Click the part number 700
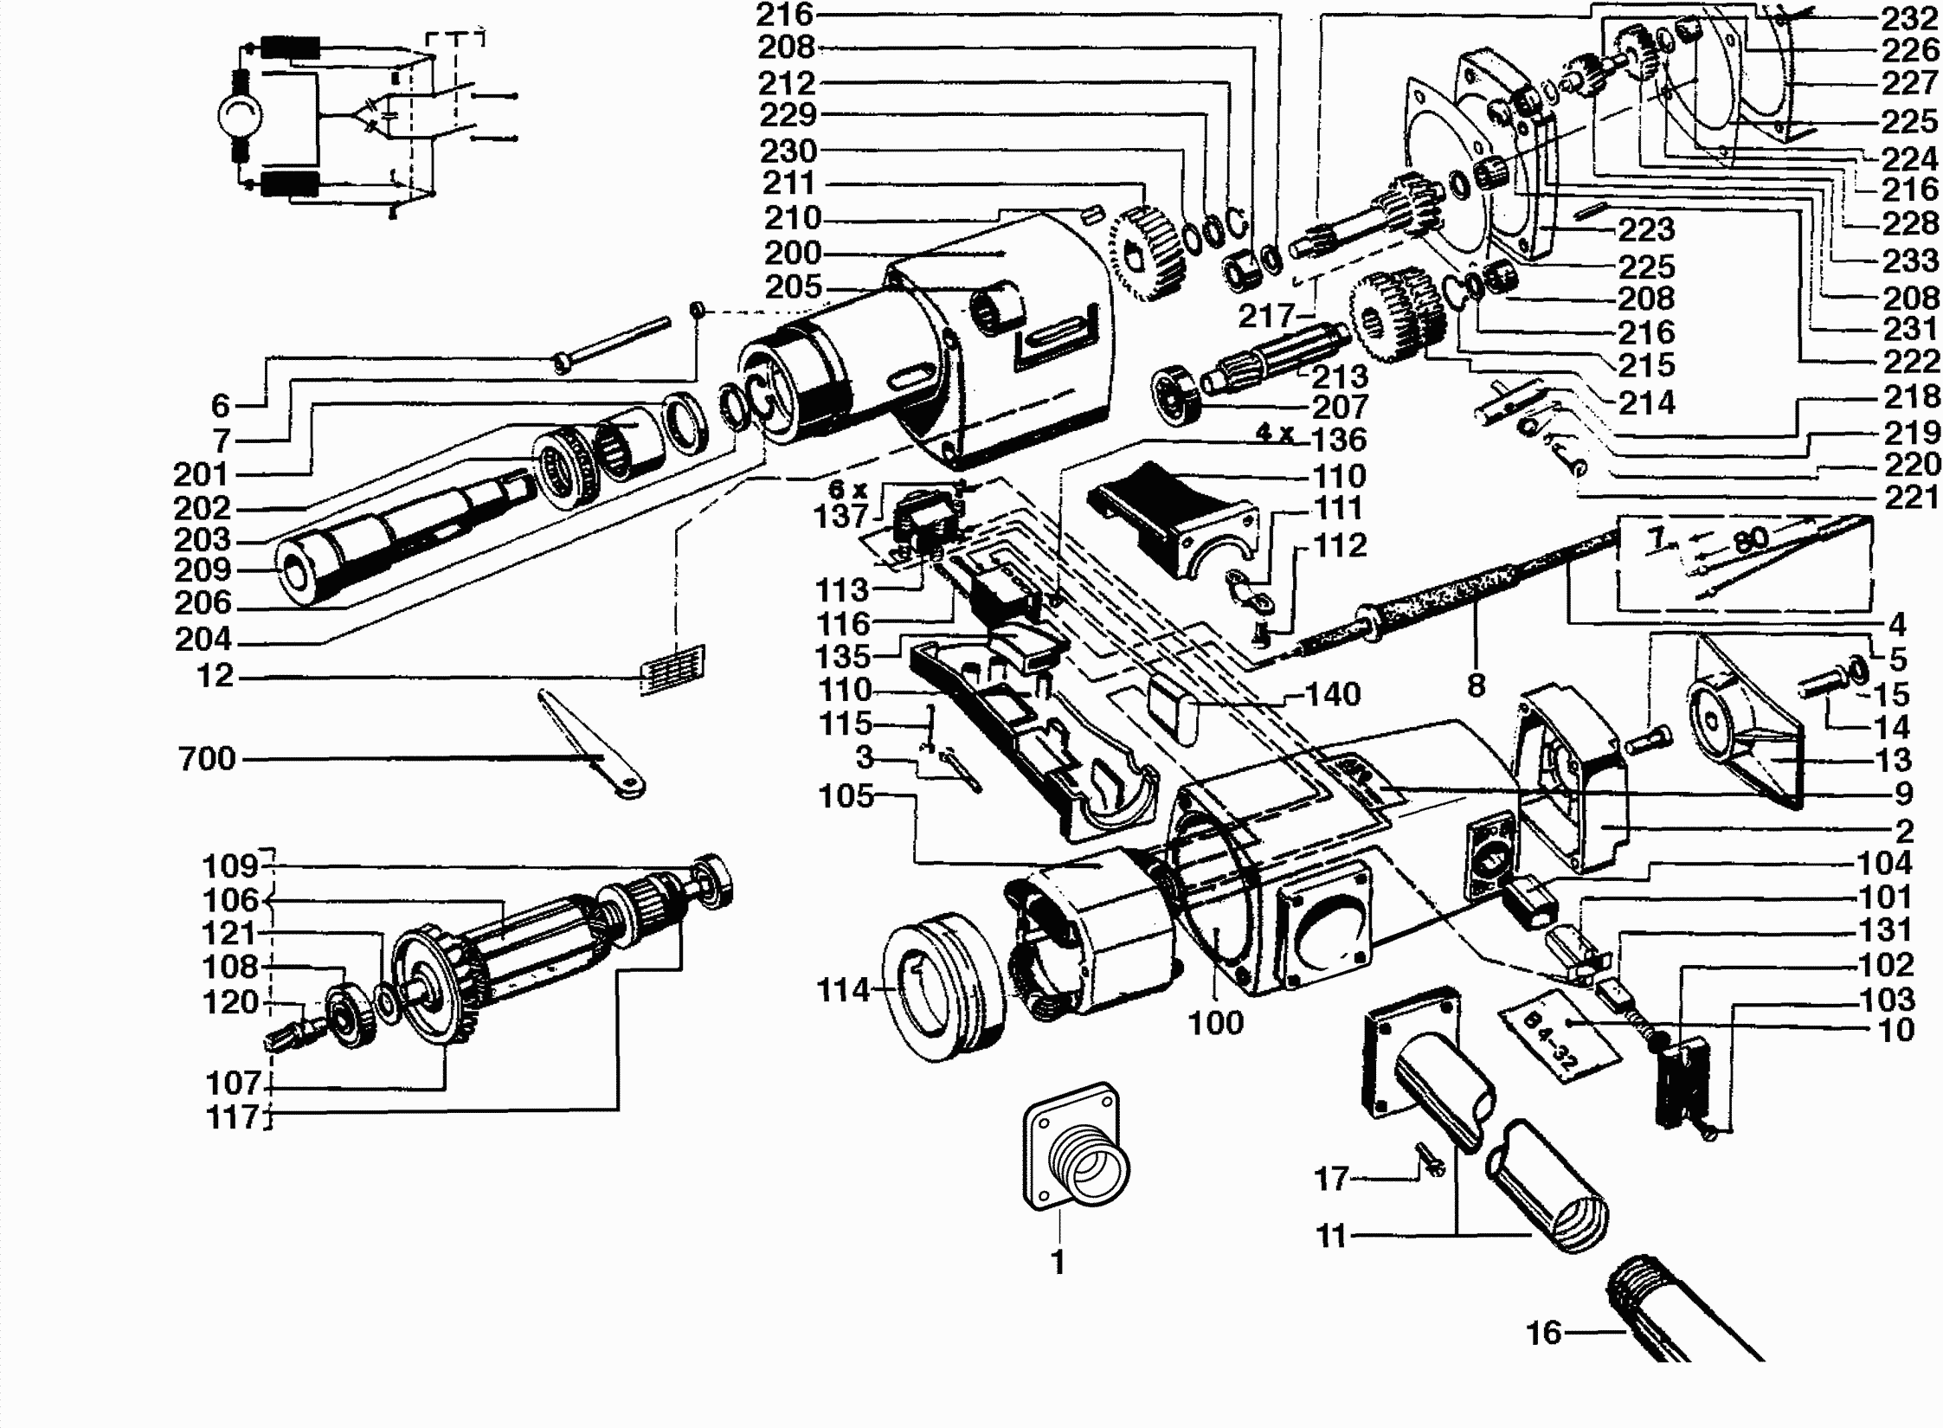coord(206,759)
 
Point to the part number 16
coord(1543,1333)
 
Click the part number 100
coord(1215,1023)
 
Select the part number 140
coord(1333,694)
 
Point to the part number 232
coord(1910,18)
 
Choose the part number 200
coord(792,253)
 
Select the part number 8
coord(1477,685)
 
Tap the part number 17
coord(1331,1179)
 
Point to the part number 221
coord(1909,498)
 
